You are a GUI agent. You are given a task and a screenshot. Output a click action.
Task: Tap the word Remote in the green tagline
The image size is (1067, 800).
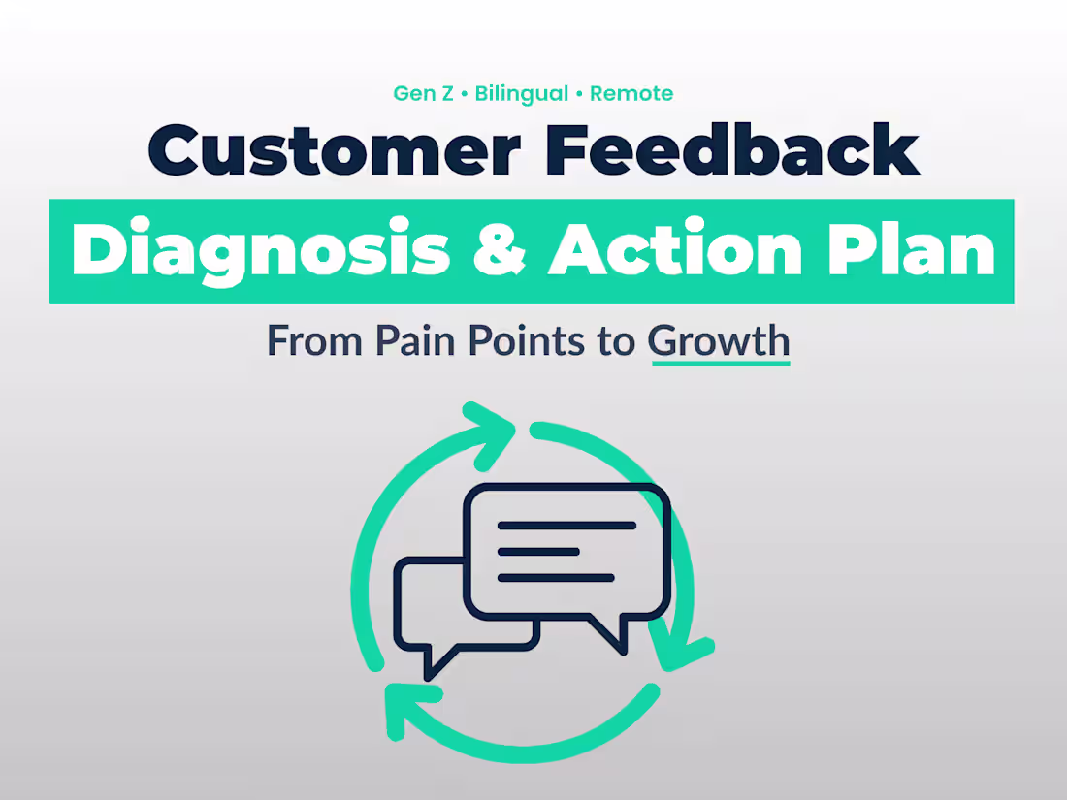click(631, 94)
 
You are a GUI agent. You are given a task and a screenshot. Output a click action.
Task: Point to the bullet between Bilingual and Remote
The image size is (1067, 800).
click(580, 94)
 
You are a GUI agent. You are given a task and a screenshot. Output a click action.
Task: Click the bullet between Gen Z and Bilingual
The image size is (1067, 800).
click(466, 94)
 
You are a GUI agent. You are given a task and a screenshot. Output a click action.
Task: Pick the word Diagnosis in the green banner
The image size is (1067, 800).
click(261, 251)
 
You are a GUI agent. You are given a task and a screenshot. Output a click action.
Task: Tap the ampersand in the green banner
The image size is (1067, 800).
click(499, 251)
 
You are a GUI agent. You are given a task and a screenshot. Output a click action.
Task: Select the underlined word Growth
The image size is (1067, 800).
click(719, 341)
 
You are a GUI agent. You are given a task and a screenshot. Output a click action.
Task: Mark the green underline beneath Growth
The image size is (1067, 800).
click(720, 363)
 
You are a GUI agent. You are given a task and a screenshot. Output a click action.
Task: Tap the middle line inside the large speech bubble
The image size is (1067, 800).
click(538, 552)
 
